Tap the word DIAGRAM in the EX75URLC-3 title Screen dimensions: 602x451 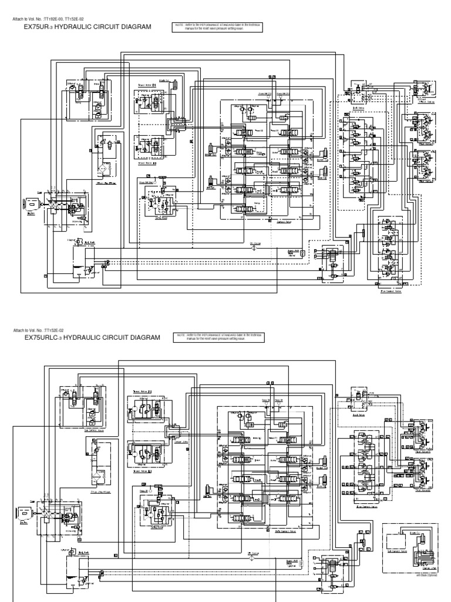144,338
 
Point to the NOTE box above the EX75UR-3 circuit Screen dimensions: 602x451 218,26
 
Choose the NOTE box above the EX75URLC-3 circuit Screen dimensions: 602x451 220,337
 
